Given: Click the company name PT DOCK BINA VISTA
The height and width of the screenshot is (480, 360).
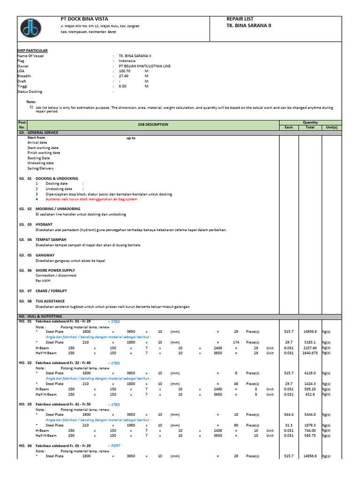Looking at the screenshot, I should pyautogui.click(x=82, y=19).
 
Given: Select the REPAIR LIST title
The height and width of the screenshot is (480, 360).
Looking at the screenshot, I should pyautogui.click(x=240, y=19).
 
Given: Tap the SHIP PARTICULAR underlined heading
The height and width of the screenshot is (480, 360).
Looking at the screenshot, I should pyautogui.click(x=32, y=50).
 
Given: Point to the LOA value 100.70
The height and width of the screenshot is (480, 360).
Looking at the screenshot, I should pyautogui.click(x=125, y=71).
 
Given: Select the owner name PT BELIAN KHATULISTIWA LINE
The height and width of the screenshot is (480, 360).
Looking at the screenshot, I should pyautogui.click(x=145, y=66).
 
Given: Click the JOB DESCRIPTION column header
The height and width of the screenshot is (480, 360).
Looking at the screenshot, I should pyautogui.click(x=152, y=125).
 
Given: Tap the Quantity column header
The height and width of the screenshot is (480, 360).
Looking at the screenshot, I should pyautogui.click(x=310, y=122).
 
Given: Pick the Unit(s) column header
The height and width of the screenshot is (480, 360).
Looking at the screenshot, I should pyautogui.click(x=331, y=127).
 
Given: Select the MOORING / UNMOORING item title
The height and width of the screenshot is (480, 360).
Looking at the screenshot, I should pyautogui.click(x=58, y=209).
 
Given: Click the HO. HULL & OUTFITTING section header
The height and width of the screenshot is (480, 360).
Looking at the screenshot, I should pyautogui.click(x=44, y=316).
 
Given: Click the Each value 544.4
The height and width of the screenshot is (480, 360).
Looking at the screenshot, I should pyautogui.click(x=288, y=414).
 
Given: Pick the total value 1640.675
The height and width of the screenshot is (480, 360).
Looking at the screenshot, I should pyautogui.click(x=310, y=353).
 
